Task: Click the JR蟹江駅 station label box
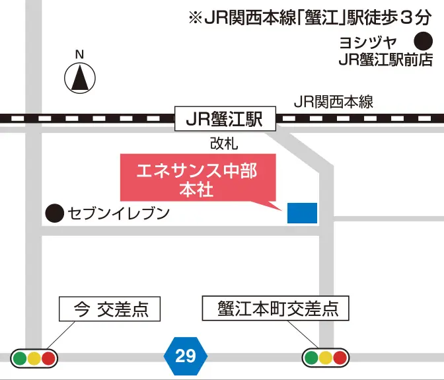(x=224, y=119)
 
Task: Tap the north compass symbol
(x=79, y=77)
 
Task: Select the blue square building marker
(x=302, y=213)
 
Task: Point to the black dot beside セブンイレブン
(x=54, y=213)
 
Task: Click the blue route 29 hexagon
(x=186, y=356)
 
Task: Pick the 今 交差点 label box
(x=110, y=309)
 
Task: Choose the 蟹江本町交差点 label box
(x=274, y=309)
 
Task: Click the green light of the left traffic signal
(x=19, y=358)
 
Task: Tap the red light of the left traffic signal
(x=48, y=358)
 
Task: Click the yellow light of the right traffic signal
(x=325, y=358)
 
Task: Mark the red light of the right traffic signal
(x=340, y=358)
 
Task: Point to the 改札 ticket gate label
(x=224, y=143)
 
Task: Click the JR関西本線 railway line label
(x=334, y=102)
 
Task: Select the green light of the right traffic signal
(x=311, y=358)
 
